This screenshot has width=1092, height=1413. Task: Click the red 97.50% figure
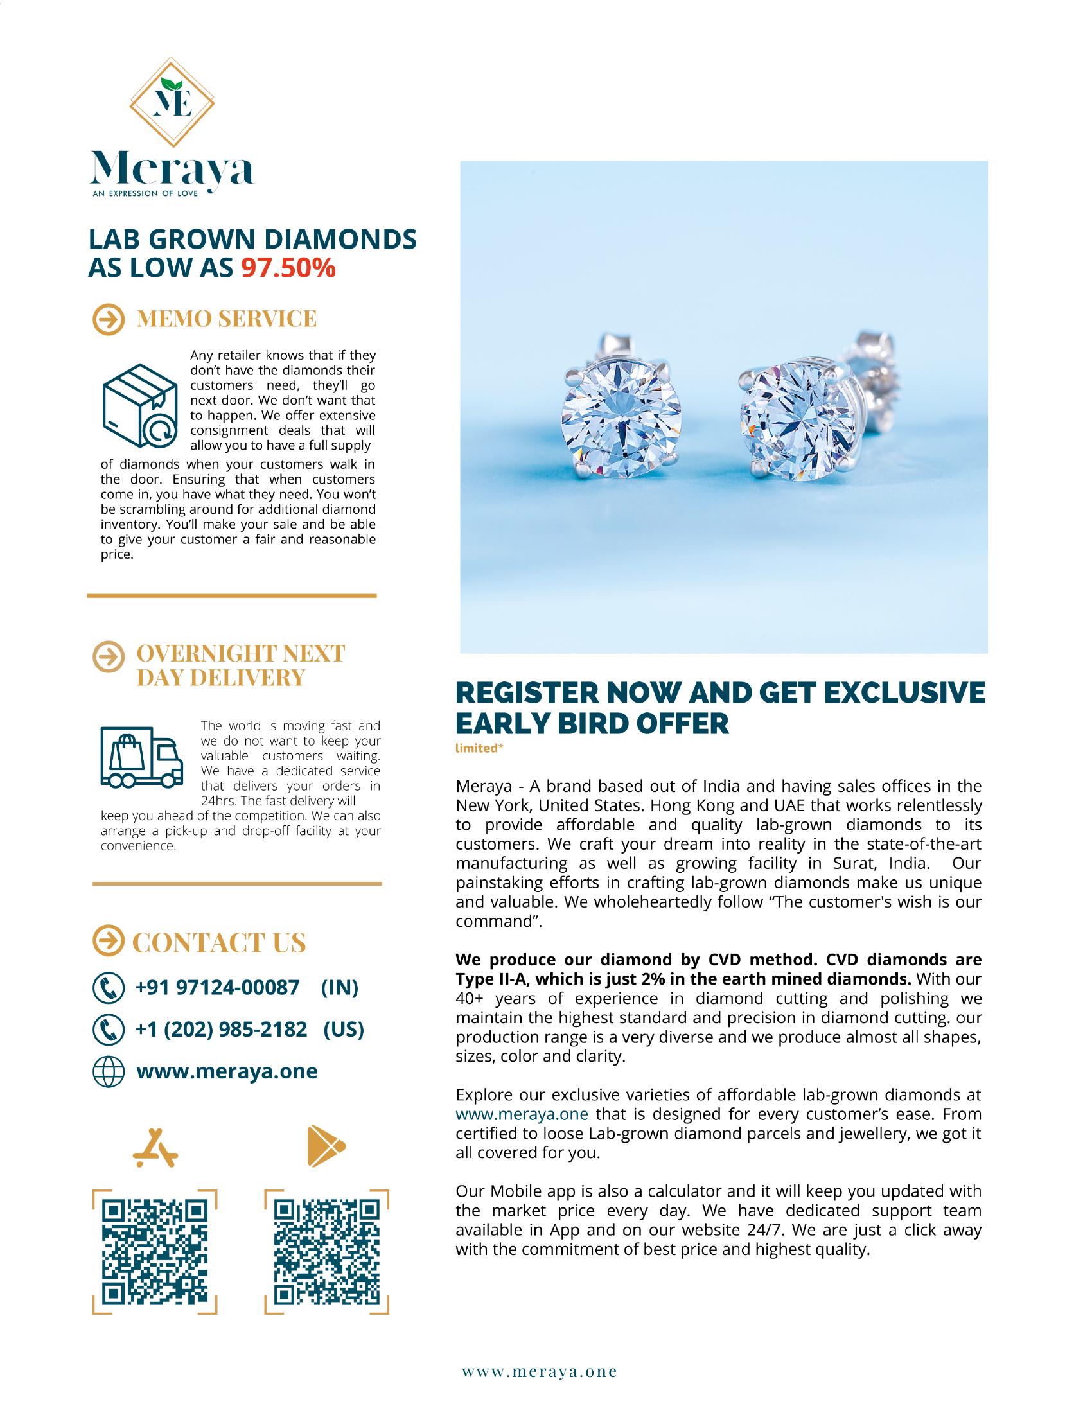tap(288, 268)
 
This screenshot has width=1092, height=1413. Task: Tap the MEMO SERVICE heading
tap(226, 319)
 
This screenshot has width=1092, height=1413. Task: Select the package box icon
tap(140, 406)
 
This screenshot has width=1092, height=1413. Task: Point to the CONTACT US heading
tap(218, 943)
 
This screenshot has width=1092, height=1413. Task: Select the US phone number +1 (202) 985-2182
tap(221, 1029)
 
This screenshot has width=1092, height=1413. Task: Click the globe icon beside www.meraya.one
tap(108, 1071)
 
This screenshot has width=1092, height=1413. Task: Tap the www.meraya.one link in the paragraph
tap(522, 1114)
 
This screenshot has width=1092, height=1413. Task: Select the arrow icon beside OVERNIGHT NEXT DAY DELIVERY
tap(108, 654)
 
